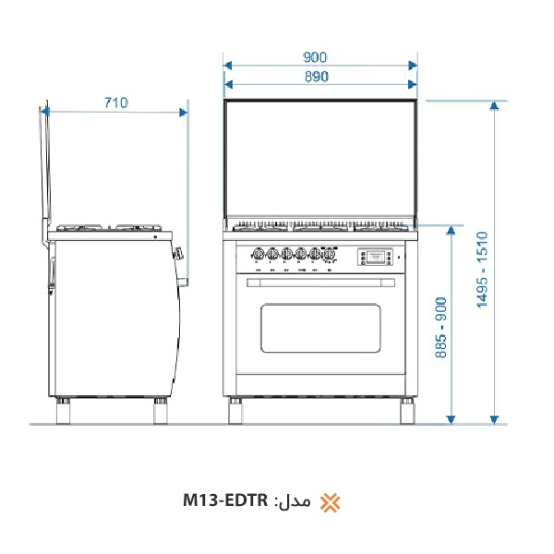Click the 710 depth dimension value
click(115, 102)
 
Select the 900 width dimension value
click(315, 56)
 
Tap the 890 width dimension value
click(317, 77)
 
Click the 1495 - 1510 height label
click(481, 268)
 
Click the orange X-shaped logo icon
click(330, 502)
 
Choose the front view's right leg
click(406, 410)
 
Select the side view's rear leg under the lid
click(64, 411)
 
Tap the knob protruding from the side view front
click(180, 252)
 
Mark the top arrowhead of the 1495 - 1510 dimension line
click(495, 104)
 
